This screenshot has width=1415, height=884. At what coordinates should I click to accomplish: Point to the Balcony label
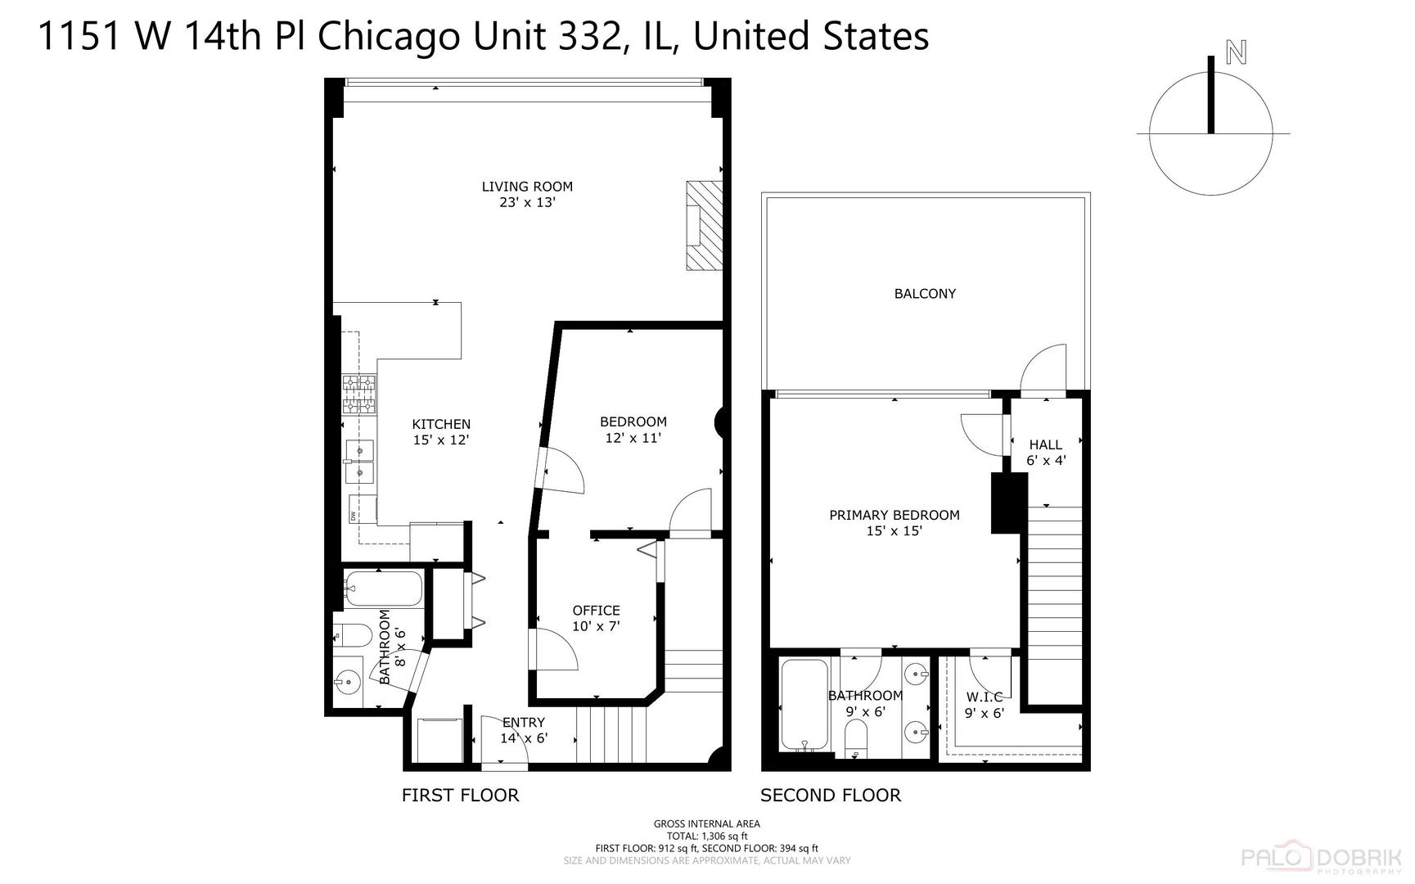pos(925,293)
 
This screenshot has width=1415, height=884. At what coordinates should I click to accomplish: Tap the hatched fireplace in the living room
pos(705,225)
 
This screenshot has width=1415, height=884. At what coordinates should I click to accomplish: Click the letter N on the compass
pos(1236,53)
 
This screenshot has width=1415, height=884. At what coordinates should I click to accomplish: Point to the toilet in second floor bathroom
pos(857,736)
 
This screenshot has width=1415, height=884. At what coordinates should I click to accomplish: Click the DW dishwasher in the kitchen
pos(363,509)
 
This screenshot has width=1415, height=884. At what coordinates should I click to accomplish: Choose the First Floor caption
pos(460,795)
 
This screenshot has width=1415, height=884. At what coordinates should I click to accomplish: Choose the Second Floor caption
pos(831,795)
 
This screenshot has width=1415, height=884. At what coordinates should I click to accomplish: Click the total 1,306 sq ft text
pos(707,836)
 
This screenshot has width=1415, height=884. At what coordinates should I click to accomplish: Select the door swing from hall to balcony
pos(1043,369)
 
